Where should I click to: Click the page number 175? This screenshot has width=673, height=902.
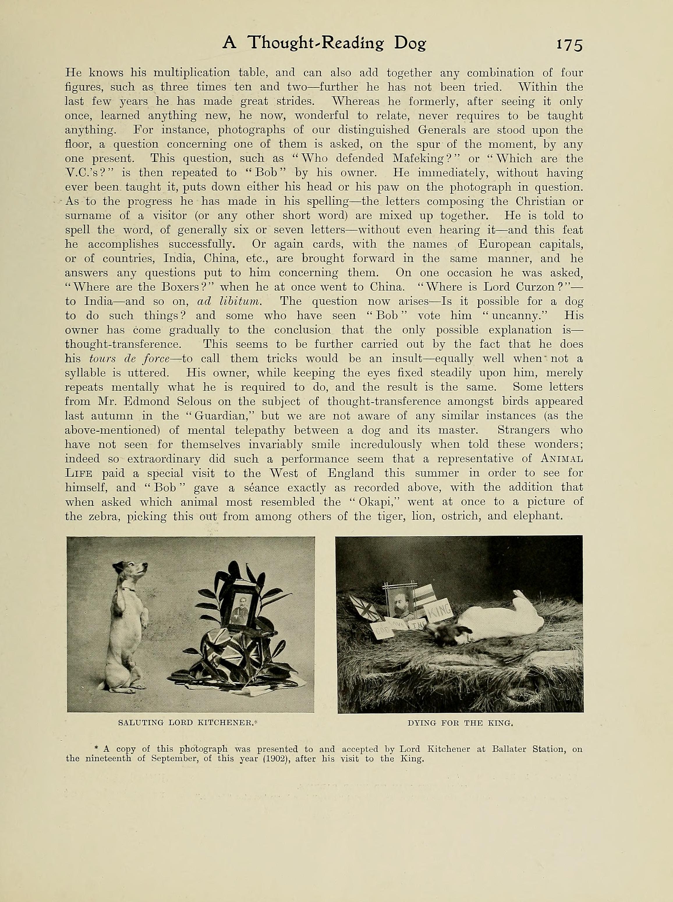pos(570,45)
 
